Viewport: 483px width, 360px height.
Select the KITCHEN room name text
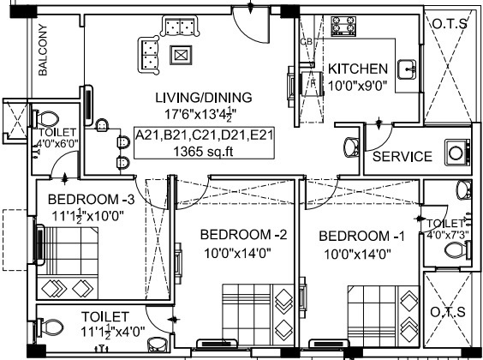[359, 69]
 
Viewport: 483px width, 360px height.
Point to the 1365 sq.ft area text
[205, 151]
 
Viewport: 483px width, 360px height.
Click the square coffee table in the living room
[181, 55]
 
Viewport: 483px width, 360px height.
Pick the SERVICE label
[402, 157]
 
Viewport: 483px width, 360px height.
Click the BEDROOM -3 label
[80, 200]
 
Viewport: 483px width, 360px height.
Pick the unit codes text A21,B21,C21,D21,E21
[205, 135]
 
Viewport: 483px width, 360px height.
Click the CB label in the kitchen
[306, 41]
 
